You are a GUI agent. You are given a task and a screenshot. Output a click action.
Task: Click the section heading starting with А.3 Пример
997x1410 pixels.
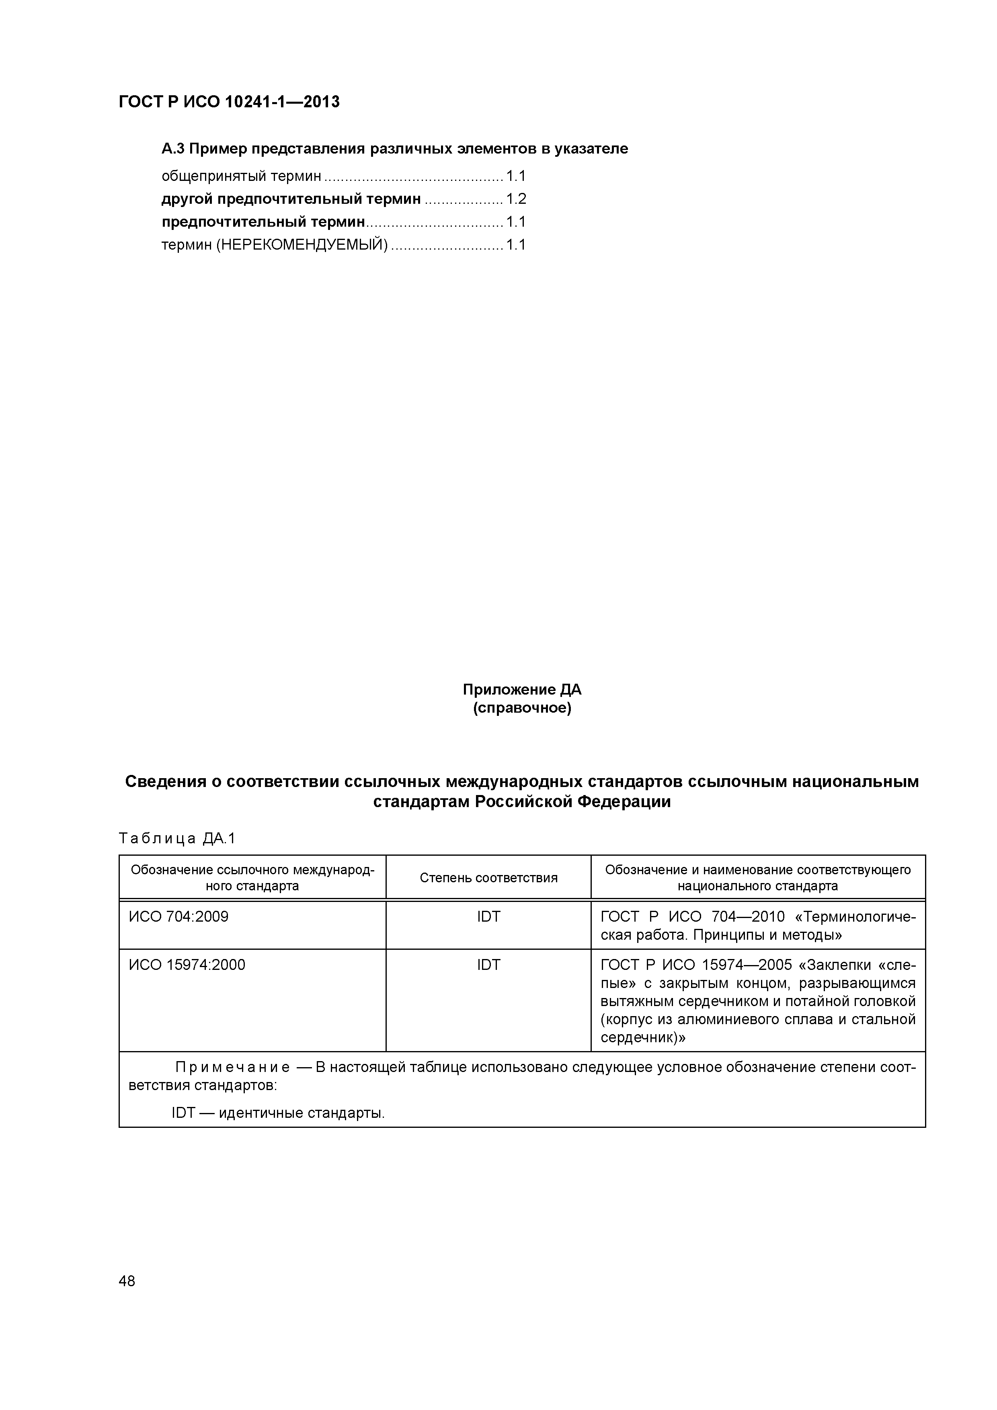394,149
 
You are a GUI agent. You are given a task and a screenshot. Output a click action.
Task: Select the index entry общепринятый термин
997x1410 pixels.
241,176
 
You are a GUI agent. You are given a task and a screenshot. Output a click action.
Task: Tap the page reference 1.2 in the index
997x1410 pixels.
516,199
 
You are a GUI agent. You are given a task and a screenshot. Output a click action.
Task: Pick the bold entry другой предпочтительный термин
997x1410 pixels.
291,199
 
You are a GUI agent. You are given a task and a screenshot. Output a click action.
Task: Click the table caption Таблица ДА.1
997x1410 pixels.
177,838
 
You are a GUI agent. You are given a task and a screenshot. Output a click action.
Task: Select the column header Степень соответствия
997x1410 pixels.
488,877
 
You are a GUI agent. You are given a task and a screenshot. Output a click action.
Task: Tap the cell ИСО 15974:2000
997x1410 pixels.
187,965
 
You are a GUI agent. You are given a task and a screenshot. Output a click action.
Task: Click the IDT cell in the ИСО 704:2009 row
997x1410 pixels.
488,917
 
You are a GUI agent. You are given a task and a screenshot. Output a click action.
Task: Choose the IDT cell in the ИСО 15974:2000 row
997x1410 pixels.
488,965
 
